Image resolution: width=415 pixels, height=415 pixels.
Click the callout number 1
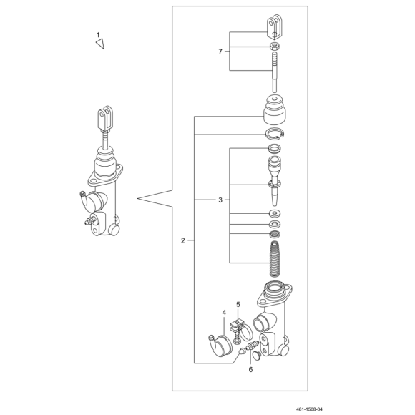(98, 35)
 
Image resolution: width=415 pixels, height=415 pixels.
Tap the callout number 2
(183, 241)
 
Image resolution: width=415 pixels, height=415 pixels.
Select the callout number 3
(220, 200)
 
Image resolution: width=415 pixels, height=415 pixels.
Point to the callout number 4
(224, 313)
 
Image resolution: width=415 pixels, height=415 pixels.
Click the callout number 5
(238, 305)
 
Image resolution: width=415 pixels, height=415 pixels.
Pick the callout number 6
(250, 369)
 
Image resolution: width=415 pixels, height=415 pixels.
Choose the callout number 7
(220, 52)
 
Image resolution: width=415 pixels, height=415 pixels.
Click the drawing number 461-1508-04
(309, 409)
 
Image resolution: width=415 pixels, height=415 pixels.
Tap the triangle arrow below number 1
(100, 44)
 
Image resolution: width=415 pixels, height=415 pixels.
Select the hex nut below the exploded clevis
(275, 47)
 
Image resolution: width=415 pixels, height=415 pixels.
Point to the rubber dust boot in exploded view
(275, 109)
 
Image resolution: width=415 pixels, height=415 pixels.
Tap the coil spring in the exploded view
(275, 258)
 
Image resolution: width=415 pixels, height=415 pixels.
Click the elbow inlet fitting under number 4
(220, 346)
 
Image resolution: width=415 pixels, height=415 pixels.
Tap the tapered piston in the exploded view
(275, 181)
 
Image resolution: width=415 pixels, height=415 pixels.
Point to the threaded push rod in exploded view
(275, 72)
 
